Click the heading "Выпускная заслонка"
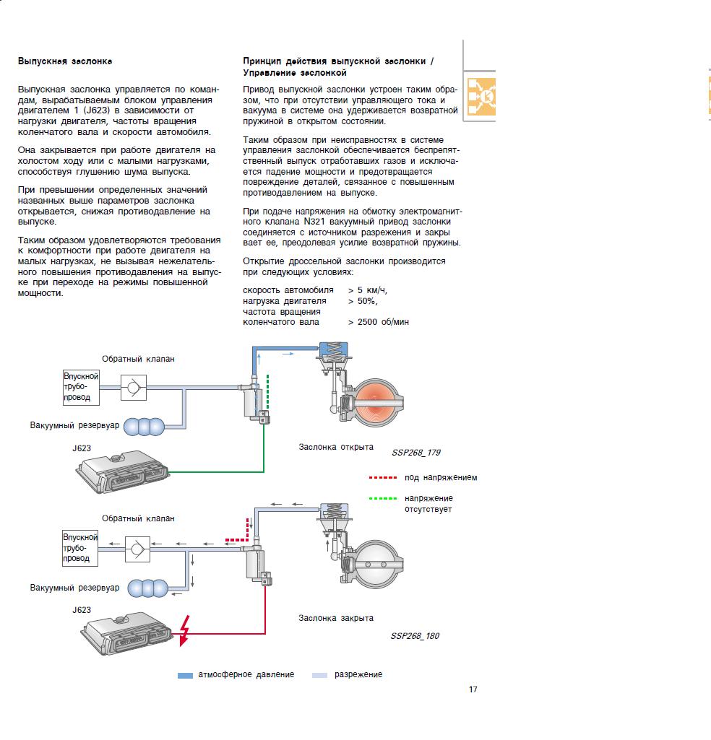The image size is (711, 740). pyautogui.click(x=65, y=61)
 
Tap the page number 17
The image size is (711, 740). pyautogui.click(x=473, y=689)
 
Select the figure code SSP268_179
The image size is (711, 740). pyautogui.click(x=415, y=453)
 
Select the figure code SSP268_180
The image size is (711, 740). pyautogui.click(x=415, y=636)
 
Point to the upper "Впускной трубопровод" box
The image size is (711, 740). pyautogui.click(x=81, y=386)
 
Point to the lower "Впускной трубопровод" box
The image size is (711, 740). pyautogui.click(x=81, y=548)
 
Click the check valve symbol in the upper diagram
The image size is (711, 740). pyautogui.click(x=132, y=388)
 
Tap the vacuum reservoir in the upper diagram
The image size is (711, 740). pyautogui.click(x=145, y=426)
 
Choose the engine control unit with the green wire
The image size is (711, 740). pyautogui.click(x=123, y=473)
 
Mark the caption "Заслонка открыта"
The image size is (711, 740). pyautogui.click(x=336, y=448)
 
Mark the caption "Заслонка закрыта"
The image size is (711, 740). pyautogui.click(x=336, y=618)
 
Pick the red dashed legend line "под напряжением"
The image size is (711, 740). pyautogui.click(x=382, y=478)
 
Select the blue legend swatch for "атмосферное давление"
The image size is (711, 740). pyautogui.click(x=185, y=675)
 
